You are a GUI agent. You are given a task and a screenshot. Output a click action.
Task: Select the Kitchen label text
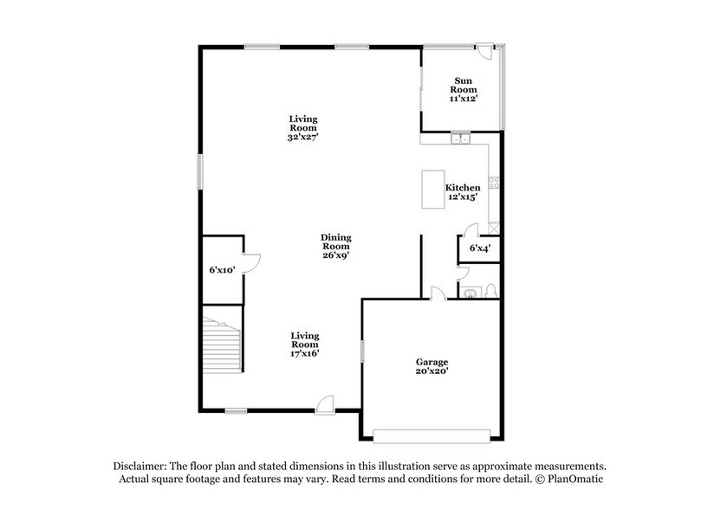coord(463,188)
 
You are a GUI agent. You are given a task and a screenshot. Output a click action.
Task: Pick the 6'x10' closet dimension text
coord(222,270)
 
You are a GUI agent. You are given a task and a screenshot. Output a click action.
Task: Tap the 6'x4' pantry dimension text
coord(479,248)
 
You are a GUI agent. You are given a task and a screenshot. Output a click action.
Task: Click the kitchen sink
coord(459,138)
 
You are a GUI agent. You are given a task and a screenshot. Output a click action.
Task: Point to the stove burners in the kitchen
coord(494,183)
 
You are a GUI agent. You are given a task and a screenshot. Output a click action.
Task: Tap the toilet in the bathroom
coord(490,290)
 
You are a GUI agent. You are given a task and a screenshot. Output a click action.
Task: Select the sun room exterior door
coord(491,51)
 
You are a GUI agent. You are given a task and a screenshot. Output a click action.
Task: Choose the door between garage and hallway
coord(438,293)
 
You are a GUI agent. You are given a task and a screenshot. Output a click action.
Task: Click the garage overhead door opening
coord(431,435)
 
